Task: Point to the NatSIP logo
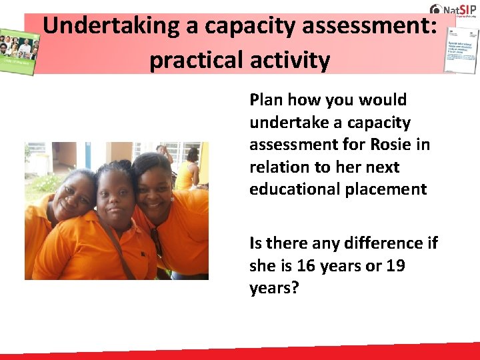tap(452, 9)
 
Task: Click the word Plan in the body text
tap(265, 100)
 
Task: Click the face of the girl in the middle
tap(116, 197)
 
